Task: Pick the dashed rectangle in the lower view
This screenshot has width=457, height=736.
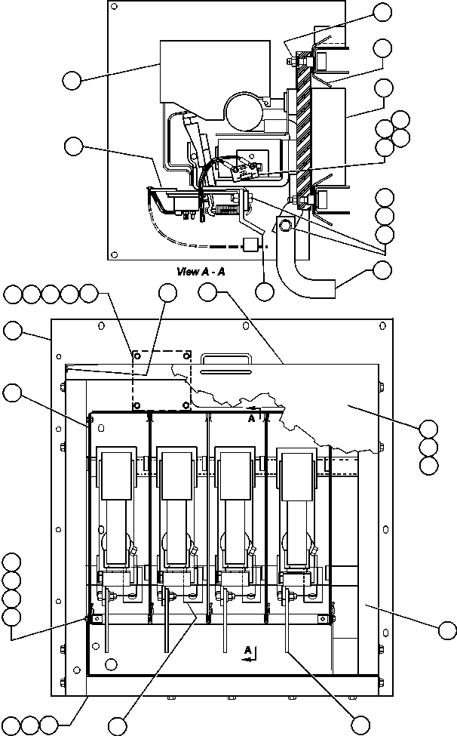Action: (x=161, y=379)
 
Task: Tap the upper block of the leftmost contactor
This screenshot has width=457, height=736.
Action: (x=118, y=474)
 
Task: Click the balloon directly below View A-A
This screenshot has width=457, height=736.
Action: (x=264, y=291)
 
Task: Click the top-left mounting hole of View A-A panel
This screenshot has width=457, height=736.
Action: (x=114, y=7)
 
